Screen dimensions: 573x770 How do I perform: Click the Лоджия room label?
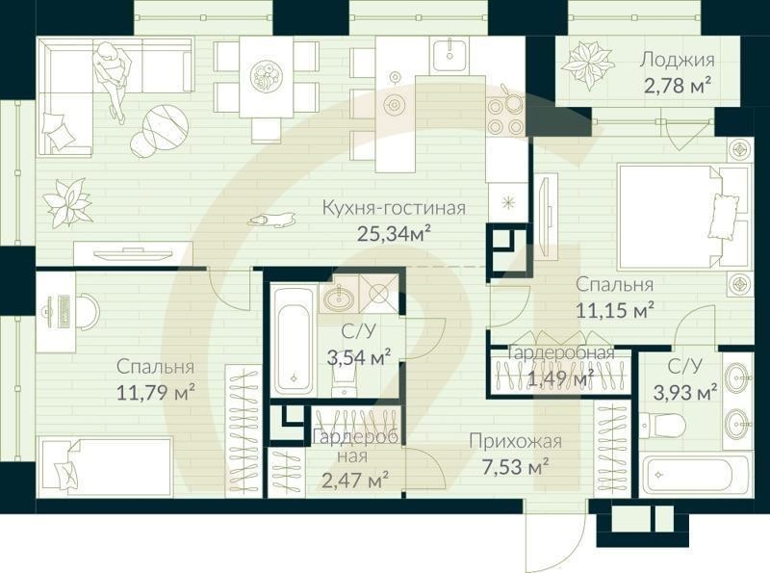[678, 59]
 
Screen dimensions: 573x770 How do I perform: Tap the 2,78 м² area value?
[678, 84]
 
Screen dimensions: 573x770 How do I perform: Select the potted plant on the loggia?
[587, 64]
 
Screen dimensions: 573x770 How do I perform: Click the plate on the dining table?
[266, 75]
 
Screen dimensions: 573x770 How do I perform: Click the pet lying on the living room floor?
[271, 221]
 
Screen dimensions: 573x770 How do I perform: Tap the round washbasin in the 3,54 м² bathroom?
[338, 299]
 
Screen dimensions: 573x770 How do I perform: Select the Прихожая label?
[515, 442]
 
